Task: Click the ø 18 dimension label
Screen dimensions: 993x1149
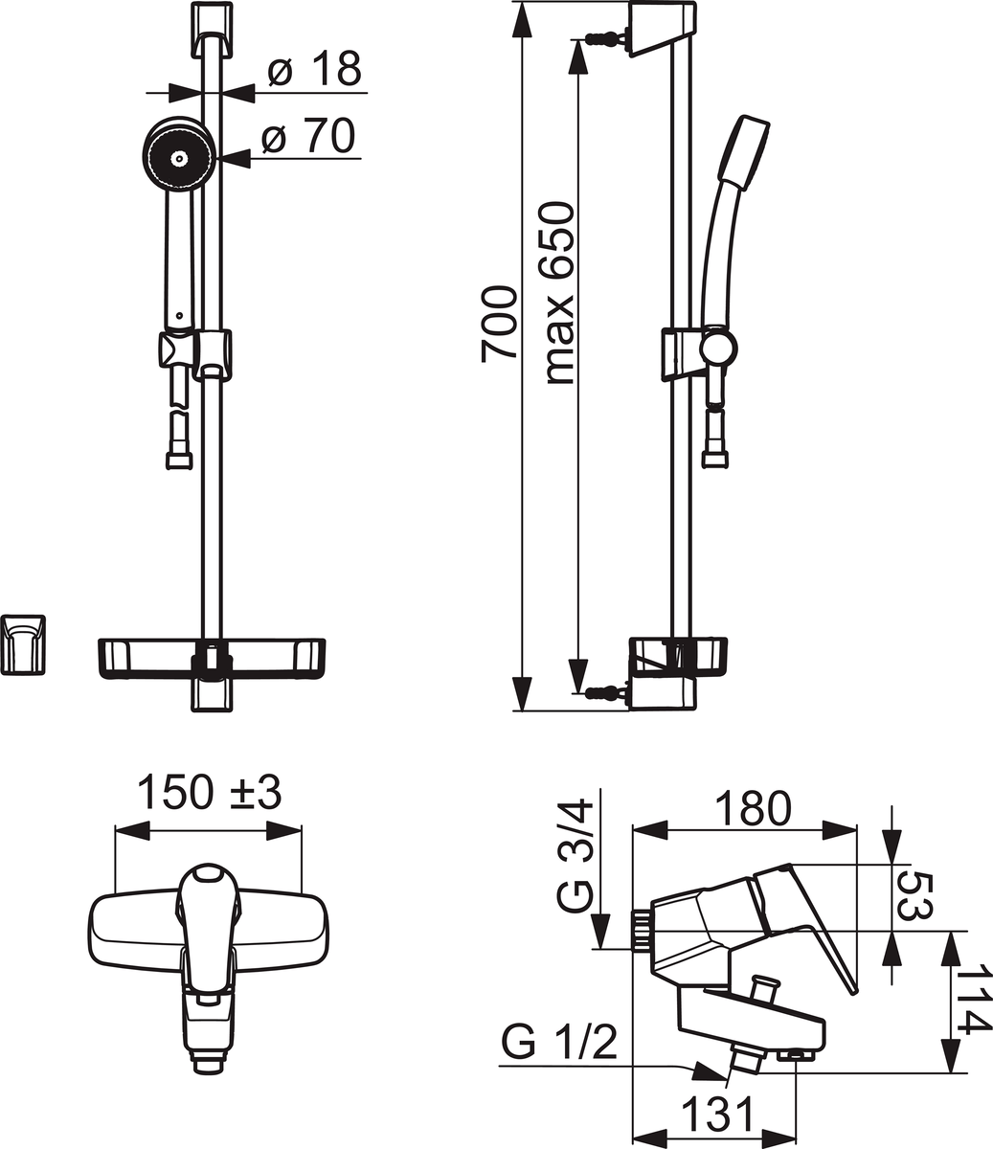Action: [315, 69]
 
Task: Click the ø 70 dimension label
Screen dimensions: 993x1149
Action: [308, 135]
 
